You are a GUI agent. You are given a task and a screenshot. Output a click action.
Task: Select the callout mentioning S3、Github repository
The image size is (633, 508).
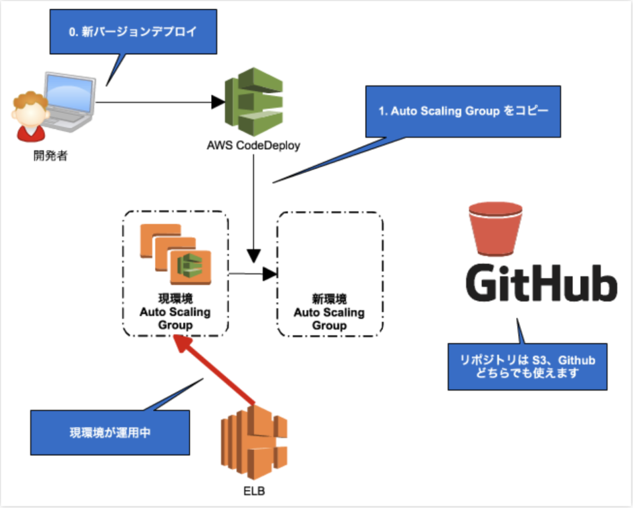click(x=527, y=366)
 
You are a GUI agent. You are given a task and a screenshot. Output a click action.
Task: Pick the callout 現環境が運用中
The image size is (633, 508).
click(x=110, y=433)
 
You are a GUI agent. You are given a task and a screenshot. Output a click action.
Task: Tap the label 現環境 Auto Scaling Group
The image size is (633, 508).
click(x=175, y=311)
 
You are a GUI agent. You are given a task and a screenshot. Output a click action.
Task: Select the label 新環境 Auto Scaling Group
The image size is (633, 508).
click(x=330, y=311)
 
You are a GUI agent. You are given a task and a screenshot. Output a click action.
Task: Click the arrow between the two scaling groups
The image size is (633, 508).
click(x=254, y=272)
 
